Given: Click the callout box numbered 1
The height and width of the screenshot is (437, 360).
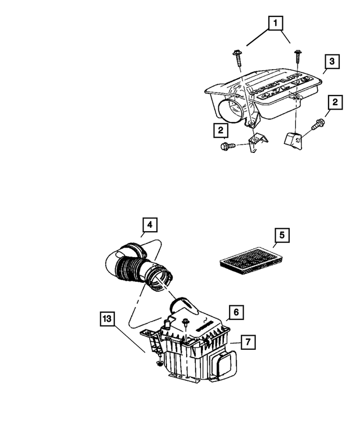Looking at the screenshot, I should (x=275, y=23).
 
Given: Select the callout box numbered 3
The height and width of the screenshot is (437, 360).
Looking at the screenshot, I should (x=332, y=61).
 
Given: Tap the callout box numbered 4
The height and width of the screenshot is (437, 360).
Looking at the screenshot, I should (x=149, y=226).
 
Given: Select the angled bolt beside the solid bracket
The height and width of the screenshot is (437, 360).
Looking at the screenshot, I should (x=319, y=124).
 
